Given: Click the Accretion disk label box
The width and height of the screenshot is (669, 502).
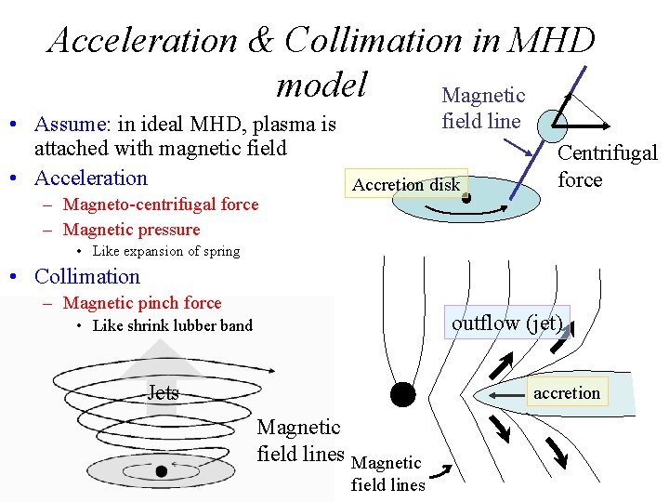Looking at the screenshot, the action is click(x=406, y=184).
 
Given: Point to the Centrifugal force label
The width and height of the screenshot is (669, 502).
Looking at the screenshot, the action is click(x=607, y=166).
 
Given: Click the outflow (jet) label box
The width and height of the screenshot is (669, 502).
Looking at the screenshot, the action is click(x=506, y=323).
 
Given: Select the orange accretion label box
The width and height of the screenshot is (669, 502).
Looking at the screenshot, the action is click(x=566, y=392).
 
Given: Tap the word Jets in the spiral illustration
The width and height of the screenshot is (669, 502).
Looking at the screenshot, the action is click(x=163, y=393).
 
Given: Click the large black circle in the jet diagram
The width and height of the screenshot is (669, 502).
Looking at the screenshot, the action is click(x=402, y=394).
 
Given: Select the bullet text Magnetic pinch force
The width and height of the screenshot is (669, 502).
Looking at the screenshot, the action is click(x=142, y=303).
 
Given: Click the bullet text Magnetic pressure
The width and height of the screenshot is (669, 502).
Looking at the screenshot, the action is click(x=131, y=230).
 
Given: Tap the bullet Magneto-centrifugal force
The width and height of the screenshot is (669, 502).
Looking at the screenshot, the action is click(x=161, y=205).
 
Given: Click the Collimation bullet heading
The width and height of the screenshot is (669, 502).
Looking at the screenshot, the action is click(x=86, y=276).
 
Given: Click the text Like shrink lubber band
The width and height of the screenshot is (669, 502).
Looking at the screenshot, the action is click(x=173, y=325).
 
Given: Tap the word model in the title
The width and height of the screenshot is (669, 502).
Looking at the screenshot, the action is click(x=321, y=85).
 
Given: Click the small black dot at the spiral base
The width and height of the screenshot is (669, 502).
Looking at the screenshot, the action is click(x=161, y=471).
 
